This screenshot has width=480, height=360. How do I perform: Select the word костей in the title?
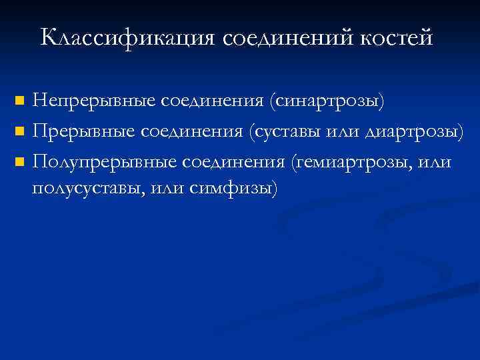coord(397,37)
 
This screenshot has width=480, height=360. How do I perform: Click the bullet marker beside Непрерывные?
coord(19,102)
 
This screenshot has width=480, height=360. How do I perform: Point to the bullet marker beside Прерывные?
coord(19,131)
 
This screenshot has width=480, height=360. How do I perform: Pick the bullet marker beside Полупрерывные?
coord(19,161)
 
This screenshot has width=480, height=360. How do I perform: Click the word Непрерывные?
coord(93,101)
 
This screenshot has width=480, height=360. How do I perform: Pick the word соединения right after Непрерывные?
coord(212,101)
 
